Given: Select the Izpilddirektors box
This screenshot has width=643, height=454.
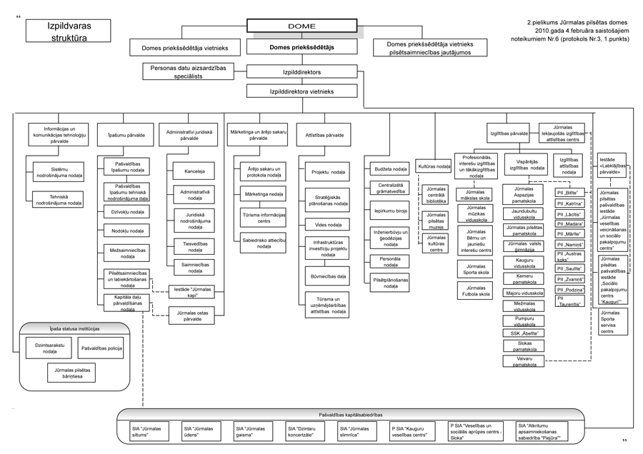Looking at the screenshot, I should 301,72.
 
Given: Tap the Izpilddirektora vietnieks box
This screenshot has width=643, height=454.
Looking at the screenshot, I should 301,91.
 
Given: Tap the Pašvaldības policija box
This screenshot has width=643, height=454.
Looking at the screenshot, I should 100,348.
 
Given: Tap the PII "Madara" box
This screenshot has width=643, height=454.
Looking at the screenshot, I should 571,223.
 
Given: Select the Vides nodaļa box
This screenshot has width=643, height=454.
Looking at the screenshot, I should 327,224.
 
